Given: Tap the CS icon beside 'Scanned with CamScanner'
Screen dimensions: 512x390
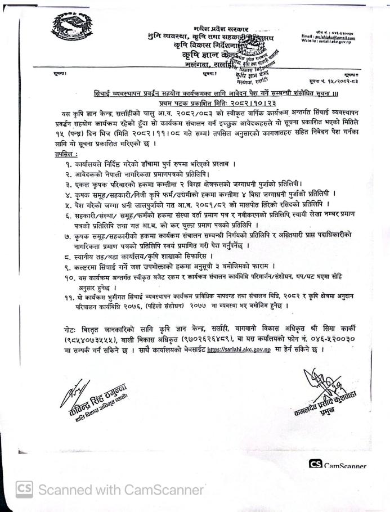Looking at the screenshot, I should pos(24,488).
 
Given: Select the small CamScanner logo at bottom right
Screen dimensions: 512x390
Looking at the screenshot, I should pos(315,465).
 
